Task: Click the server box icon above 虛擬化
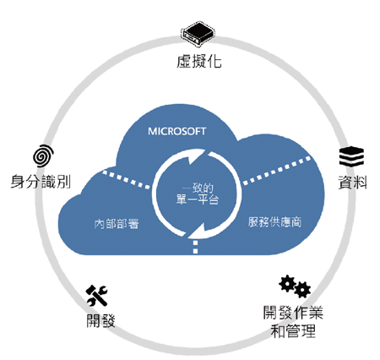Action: coord(198,32)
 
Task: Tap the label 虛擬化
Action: coord(199,61)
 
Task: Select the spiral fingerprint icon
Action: coord(43,155)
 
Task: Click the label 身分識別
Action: coord(41,181)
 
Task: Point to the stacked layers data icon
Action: coord(351,156)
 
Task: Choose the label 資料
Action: coord(353,182)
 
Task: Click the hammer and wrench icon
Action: coord(97,296)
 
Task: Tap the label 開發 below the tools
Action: coord(100,320)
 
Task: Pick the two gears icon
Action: coord(295,286)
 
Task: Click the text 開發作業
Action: coord(293,313)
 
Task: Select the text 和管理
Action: coord(293,330)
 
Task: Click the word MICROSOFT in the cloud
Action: coord(177,131)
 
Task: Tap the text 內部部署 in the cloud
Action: coord(117,224)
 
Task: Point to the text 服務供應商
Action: coord(274,222)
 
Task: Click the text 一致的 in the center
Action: coord(198,188)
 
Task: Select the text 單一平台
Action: coord(198,199)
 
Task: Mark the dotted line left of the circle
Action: coord(126,179)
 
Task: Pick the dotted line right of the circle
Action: coord(277,171)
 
